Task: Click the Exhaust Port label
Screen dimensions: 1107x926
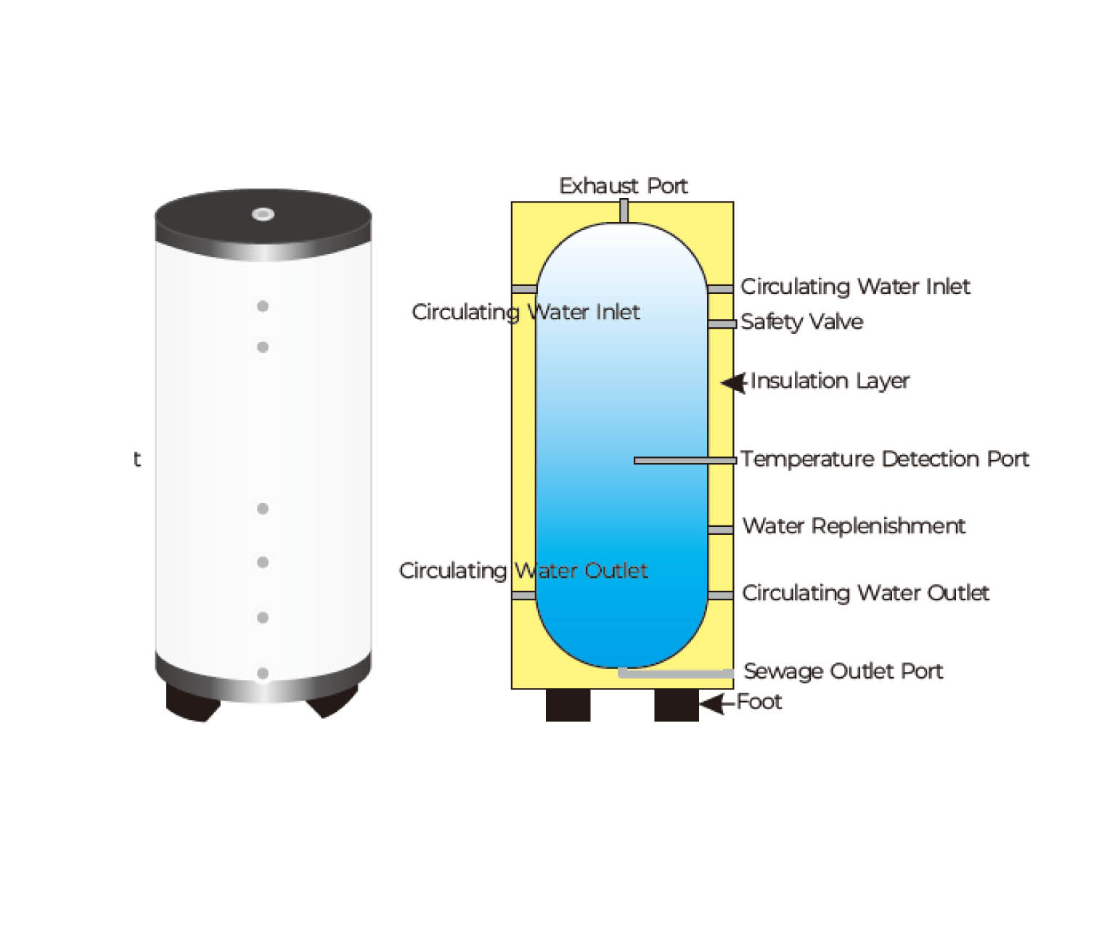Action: [623, 186]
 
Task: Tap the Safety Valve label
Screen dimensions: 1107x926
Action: [801, 321]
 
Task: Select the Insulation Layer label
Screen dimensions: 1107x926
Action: [830, 381]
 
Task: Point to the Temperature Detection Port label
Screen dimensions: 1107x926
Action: [884, 459]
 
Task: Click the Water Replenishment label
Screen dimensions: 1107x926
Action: [854, 526]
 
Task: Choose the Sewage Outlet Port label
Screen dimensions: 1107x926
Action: [843, 671]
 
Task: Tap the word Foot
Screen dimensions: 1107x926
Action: [759, 702]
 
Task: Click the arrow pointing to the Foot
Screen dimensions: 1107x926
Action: [718, 704]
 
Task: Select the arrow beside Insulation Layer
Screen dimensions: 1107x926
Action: [735, 382]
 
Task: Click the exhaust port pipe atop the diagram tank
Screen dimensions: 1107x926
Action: [624, 211]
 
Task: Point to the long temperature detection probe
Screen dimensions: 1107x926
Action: [685, 461]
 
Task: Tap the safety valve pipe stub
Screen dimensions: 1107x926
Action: [722, 324]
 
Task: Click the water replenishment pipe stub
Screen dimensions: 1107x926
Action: [721, 530]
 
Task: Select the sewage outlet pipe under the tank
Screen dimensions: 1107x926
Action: [676, 673]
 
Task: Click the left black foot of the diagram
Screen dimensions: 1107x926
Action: [568, 705]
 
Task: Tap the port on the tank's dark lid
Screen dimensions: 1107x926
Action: [263, 214]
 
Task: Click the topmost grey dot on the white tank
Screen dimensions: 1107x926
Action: [263, 306]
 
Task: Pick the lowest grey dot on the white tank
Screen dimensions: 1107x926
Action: [263, 673]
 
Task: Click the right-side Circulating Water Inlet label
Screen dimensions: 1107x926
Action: [854, 287]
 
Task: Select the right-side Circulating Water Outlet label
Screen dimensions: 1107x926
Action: [865, 593]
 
